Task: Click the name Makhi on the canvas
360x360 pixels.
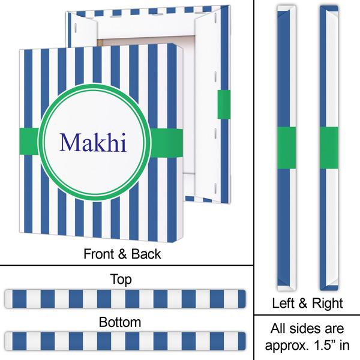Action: (x=93, y=143)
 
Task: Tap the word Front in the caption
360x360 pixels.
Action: (x=100, y=254)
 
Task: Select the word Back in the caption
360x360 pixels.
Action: (x=146, y=254)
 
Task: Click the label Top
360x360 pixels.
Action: (x=121, y=280)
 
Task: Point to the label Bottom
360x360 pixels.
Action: (x=121, y=322)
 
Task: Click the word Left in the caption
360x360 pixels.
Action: (x=288, y=302)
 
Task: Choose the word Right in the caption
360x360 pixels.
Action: (x=328, y=302)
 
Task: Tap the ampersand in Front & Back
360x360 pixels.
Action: (x=123, y=254)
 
